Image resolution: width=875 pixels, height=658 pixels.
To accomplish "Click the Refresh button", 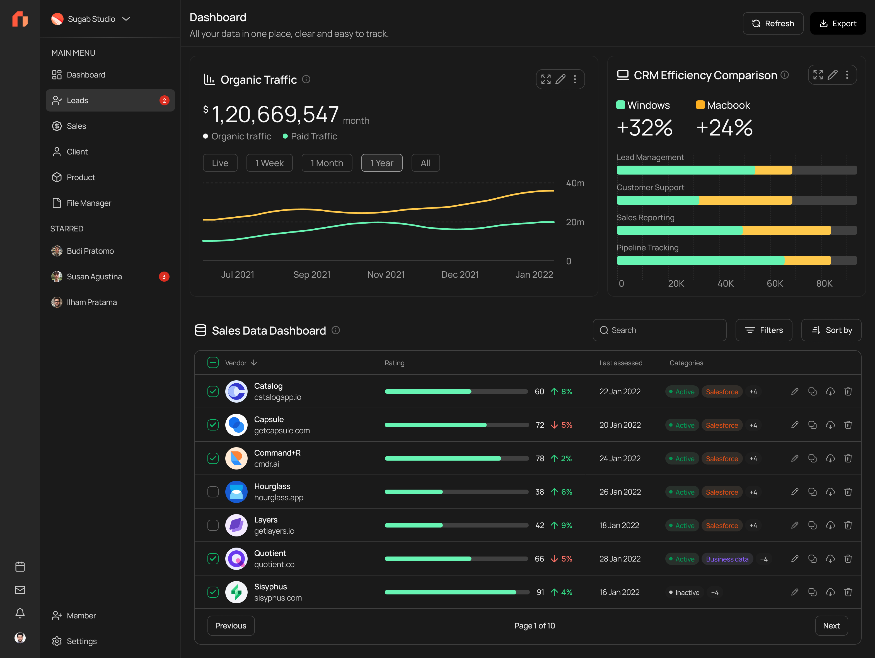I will point(773,23).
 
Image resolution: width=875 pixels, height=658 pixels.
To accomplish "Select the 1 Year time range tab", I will point(381,163).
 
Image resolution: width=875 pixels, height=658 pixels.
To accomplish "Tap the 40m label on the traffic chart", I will point(575,183).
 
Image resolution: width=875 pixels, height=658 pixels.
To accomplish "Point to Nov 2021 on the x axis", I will point(386,274).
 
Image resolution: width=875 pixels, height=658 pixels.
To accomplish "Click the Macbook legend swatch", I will point(700,105).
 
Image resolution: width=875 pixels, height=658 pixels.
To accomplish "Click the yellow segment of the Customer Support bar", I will point(745,200).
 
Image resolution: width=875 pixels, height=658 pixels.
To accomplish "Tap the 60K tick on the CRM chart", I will point(775,284).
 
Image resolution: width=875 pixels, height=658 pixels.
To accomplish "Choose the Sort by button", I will point(831,330).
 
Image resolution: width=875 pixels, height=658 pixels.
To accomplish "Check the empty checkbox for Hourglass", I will point(213,492).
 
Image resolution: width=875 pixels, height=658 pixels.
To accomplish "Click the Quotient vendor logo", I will point(236,559).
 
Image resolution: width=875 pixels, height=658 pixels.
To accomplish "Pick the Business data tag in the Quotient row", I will point(727,559).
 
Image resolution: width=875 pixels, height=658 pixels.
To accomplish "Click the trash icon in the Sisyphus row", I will point(848,592).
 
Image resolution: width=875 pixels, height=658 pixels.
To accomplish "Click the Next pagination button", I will point(831,626).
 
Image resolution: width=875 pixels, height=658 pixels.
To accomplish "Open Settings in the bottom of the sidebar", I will point(81,641).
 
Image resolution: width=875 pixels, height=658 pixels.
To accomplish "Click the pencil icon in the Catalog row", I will point(794,391).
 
